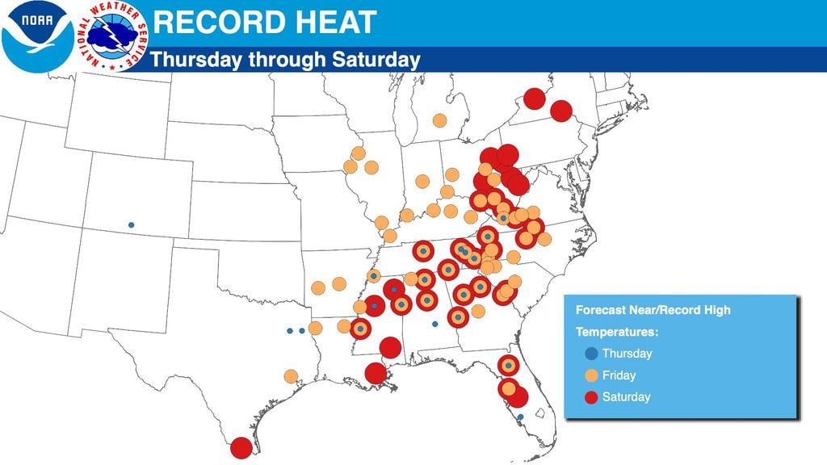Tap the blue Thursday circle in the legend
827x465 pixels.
(x=591, y=353)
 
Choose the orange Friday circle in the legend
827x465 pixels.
(x=591, y=375)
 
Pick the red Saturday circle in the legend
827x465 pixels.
(x=591, y=396)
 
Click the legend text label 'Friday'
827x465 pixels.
(x=619, y=375)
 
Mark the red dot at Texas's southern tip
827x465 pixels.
(x=241, y=447)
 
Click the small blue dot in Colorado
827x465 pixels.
(x=131, y=224)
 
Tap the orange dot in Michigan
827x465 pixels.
(x=439, y=120)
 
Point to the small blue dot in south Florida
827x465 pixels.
(x=520, y=417)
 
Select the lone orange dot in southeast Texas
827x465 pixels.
(x=291, y=375)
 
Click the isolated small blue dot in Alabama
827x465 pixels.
(x=434, y=324)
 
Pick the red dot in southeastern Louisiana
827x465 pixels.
(x=375, y=373)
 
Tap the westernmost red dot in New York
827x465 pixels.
(x=533, y=98)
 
